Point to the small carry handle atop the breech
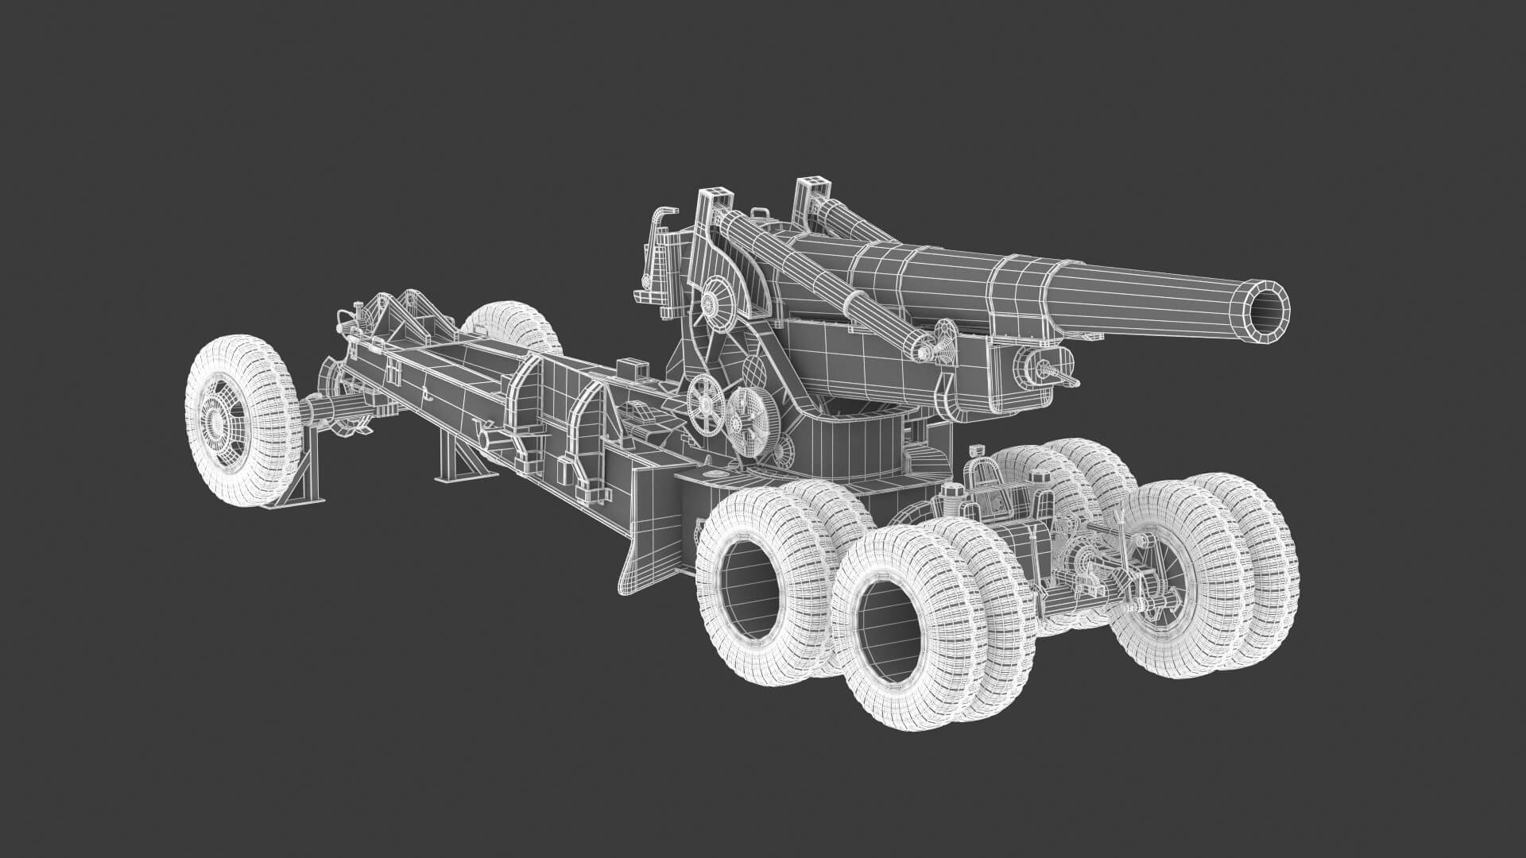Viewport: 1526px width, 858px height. pyautogui.click(x=761, y=213)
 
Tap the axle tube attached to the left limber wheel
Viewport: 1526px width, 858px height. pyautogui.click(x=334, y=412)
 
